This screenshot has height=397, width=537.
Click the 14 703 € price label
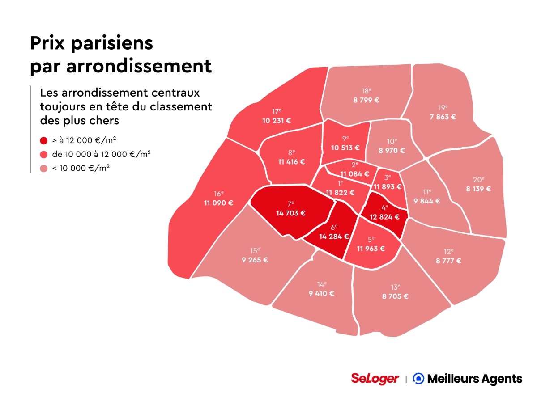click(x=291, y=213)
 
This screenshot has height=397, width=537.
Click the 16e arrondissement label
click(x=218, y=194)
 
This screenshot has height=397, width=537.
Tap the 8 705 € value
click(x=396, y=296)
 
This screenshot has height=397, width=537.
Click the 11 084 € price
click(x=354, y=174)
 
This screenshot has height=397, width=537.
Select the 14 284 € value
click(x=334, y=237)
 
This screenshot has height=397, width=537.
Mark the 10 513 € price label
click(x=345, y=148)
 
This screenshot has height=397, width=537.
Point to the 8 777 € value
click(x=448, y=261)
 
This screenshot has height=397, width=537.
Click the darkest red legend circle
click(x=43, y=140)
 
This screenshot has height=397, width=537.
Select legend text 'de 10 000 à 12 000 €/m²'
click(x=101, y=154)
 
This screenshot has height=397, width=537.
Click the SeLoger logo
click(x=375, y=379)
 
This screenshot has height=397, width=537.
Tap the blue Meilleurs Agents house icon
click(x=418, y=379)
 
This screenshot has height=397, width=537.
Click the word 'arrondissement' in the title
click(x=139, y=66)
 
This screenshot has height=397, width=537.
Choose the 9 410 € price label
click(x=321, y=294)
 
